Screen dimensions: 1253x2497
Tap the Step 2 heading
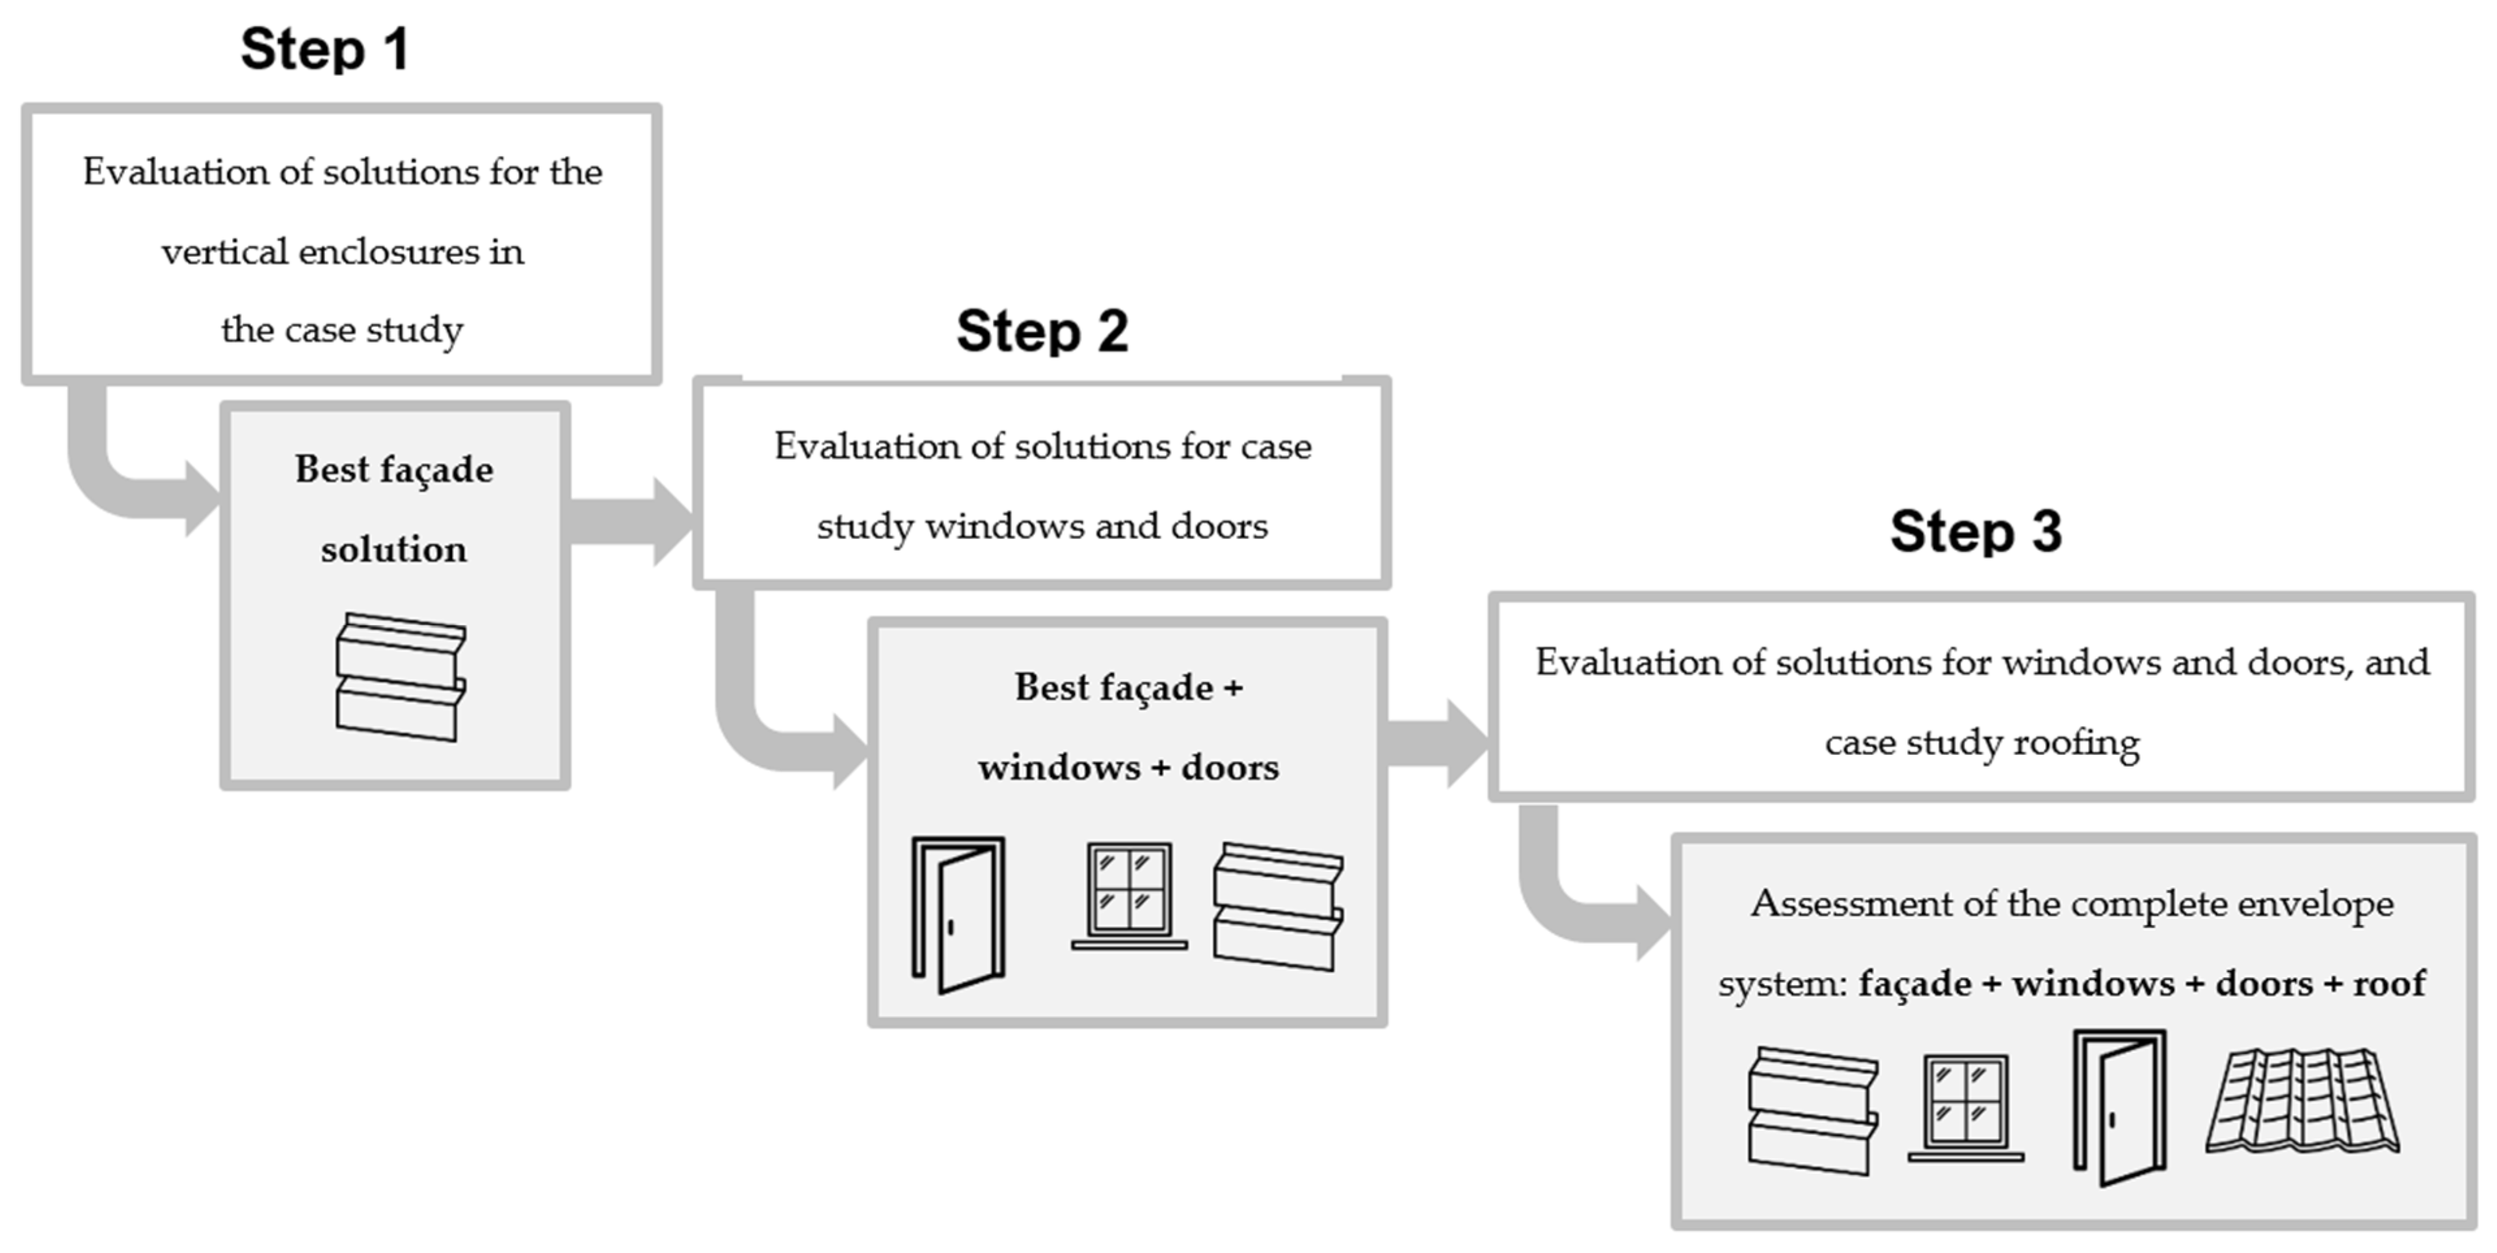1042,332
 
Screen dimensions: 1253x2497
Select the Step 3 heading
1975,531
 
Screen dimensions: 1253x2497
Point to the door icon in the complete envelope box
2119,1107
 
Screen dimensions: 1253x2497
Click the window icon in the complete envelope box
1966,1107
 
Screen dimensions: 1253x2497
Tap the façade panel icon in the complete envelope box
1813,1111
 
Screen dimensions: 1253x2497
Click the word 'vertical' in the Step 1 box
224,252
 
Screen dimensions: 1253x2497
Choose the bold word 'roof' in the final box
2390,984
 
